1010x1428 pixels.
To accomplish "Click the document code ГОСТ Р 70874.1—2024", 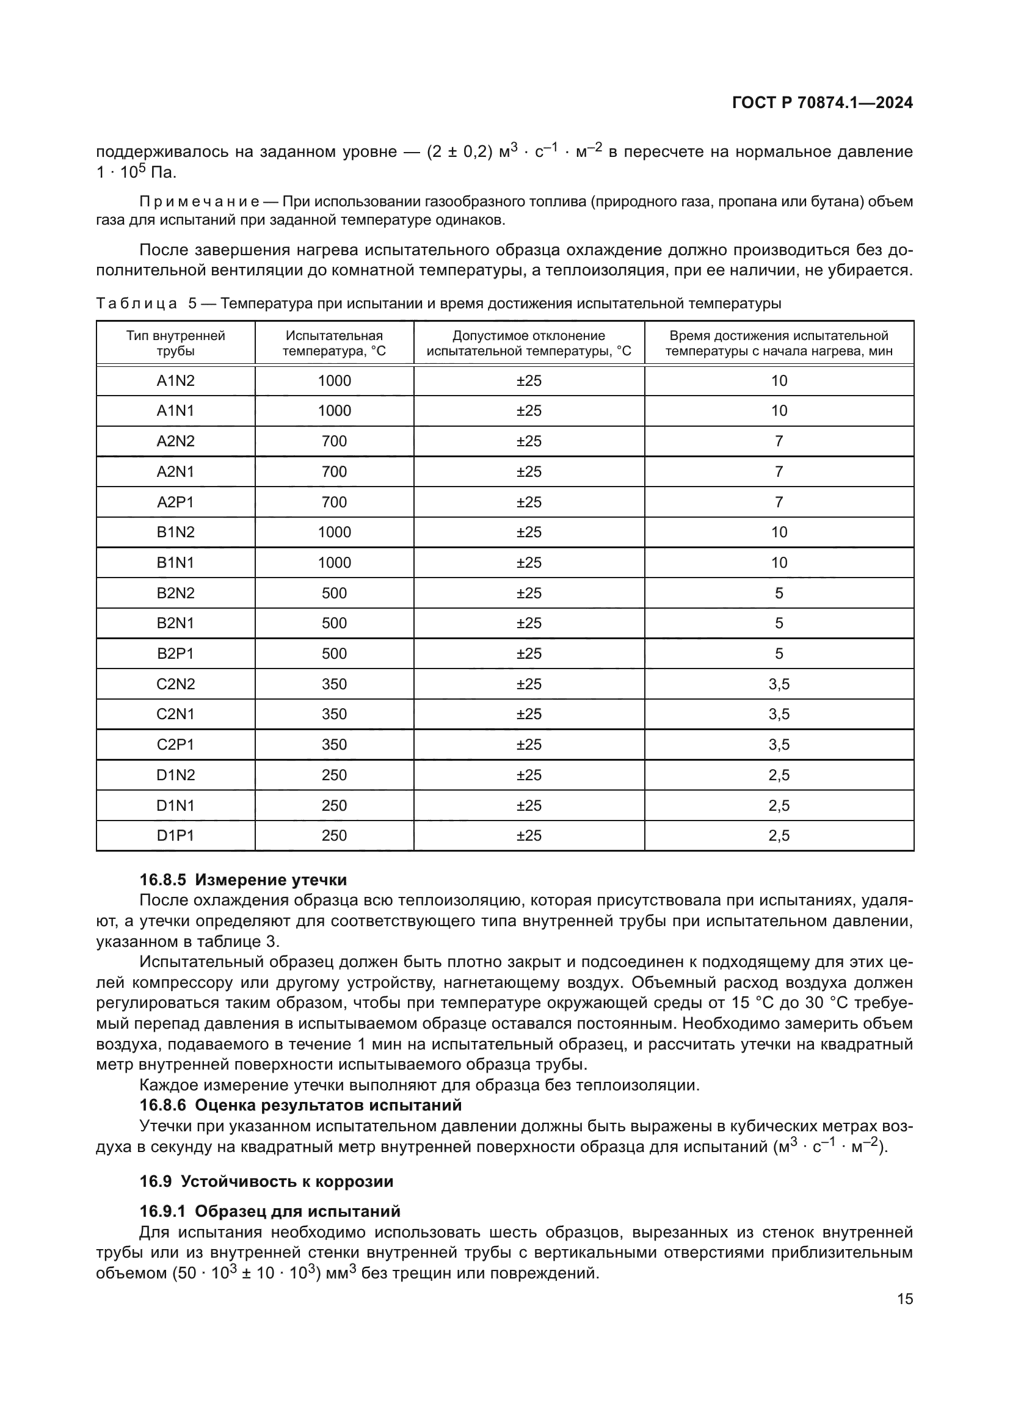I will [822, 103].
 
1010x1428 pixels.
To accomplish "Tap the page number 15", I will [905, 1299].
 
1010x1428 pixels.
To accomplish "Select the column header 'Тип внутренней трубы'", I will [175, 343].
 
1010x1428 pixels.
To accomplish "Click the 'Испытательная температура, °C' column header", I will [334, 343].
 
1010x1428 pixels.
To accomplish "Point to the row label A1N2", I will [175, 380].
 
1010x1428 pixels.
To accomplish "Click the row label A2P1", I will [175, 502].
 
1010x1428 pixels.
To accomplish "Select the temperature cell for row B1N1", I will [334, 563].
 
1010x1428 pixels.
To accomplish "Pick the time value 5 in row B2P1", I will [779, 654].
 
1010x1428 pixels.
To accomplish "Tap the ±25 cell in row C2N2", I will [529, 684].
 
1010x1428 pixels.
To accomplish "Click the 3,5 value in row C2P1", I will [779, 744].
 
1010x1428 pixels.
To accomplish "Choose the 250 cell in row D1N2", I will [334, 775].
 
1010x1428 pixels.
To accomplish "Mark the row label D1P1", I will [175, 835].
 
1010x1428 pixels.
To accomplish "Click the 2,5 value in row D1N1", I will [779, 805].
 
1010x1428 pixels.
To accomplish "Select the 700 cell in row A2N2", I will [334, 441].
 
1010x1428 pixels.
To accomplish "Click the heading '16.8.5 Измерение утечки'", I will [243, 879].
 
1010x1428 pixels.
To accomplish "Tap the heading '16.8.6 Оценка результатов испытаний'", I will [300, 1105].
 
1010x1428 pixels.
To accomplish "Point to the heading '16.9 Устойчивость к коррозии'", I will [266, 1181].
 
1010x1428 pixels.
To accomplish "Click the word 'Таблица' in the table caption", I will [137, 303].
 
